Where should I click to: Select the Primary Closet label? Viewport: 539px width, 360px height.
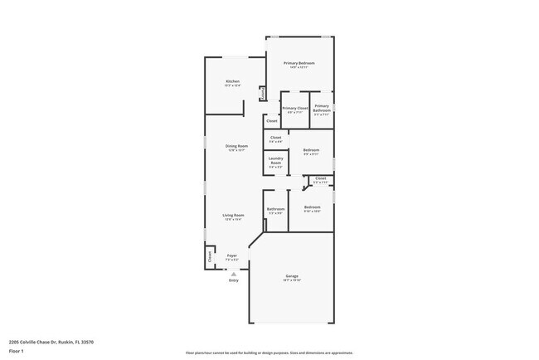click(295, 108)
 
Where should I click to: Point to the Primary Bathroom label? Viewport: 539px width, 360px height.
click(322, 108)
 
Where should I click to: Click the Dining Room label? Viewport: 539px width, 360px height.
click(237, 147)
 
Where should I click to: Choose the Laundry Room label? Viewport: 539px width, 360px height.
click(276, 160)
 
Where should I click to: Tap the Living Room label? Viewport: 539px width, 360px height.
click(233, 216)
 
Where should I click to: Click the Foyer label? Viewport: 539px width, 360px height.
click(232, 255)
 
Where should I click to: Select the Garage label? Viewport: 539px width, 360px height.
click(292, 275)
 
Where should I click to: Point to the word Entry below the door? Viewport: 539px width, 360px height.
click(233, 280)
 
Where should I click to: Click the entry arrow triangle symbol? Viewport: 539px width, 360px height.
click(233, 273)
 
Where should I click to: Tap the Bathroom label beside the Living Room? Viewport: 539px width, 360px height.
click(276, 209)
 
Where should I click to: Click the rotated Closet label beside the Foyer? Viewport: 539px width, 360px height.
click(210, 257)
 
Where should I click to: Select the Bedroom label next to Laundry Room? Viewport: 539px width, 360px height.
click(311, 149)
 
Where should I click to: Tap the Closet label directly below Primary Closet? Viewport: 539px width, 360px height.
click(272, 121)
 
